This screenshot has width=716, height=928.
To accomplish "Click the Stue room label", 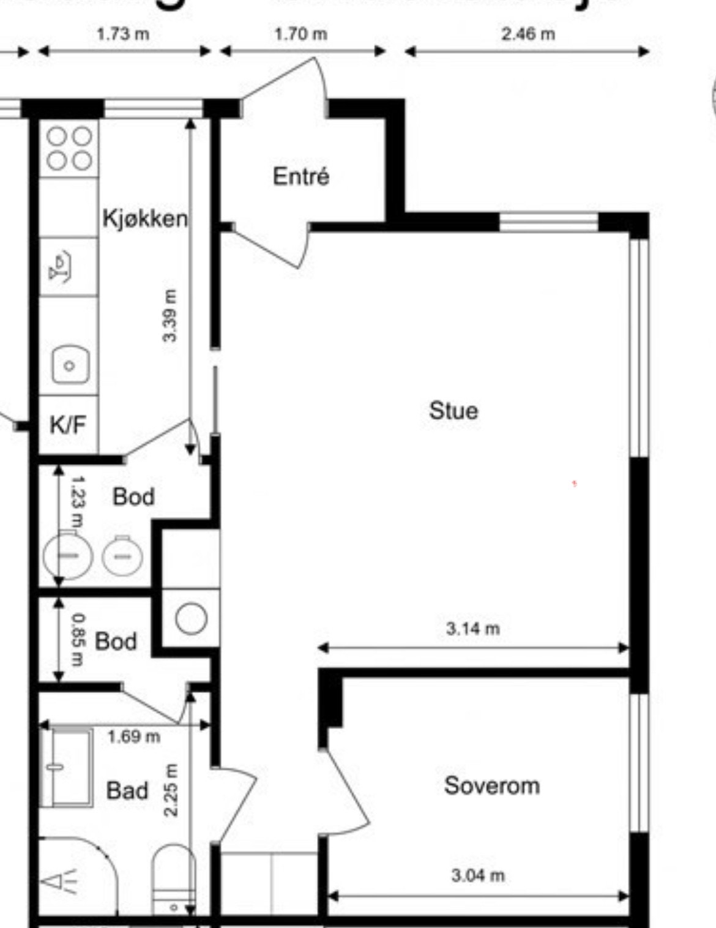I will (x=453, y=411).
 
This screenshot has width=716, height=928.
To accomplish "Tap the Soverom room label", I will (x=492, y=785).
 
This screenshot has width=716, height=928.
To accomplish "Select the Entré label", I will (x=301, y=176).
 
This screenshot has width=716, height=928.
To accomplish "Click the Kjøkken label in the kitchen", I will (x=145, y=218).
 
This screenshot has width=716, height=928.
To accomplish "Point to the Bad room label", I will (x=127, y=790).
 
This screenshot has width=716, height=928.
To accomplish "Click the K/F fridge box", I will (x=68, y=424).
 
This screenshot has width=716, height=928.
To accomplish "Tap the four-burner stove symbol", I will (x=69, y=148).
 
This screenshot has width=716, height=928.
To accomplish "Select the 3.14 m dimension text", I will (x=472, y=628).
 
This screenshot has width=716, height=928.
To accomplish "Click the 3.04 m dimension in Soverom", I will (x=478, y=875).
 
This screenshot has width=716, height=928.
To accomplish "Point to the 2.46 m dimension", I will (x=528, y=34).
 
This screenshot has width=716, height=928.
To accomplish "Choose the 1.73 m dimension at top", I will (x=123, y=34).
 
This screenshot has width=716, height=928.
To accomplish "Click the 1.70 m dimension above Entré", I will (x=300, y=34).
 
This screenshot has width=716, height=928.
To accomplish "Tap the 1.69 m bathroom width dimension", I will (x=133, y=736).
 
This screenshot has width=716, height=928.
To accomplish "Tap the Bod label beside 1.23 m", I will (x=133, y=496).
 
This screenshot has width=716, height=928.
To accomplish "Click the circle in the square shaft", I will (x=191, y=618).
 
